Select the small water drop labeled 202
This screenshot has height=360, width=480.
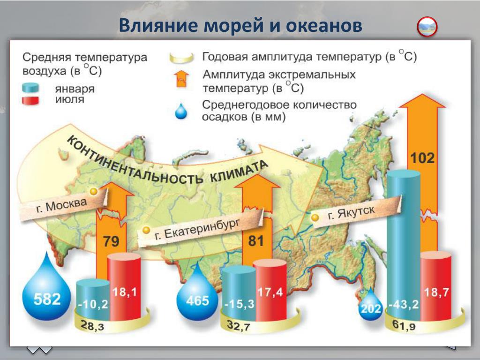371,307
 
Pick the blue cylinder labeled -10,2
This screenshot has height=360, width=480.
92,300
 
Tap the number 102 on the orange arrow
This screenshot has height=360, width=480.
422,158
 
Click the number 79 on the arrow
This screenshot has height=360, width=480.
111,242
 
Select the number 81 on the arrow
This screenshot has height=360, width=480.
256,241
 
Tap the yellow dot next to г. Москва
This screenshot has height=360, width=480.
94,191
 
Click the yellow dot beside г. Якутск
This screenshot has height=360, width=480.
315,217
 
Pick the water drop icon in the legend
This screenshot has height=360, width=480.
181,112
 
